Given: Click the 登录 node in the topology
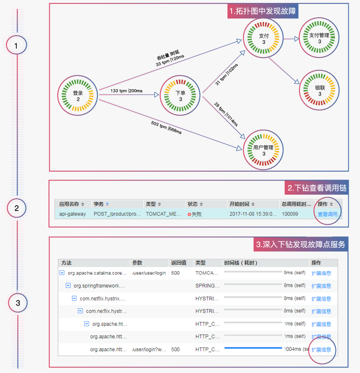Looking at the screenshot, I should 78,96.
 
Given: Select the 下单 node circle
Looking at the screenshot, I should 181,96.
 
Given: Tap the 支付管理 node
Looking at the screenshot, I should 319,39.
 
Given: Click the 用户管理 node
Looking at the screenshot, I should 263,151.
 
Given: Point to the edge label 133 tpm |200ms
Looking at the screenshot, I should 126,90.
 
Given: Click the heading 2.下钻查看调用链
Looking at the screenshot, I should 317,188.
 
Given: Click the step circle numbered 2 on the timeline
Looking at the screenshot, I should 17,208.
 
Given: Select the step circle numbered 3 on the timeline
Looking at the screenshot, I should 18,303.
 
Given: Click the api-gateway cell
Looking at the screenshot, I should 73,214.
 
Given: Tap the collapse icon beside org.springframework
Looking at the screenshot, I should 68,286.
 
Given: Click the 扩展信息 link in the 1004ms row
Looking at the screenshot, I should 321,350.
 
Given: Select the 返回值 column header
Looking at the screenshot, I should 179,263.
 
